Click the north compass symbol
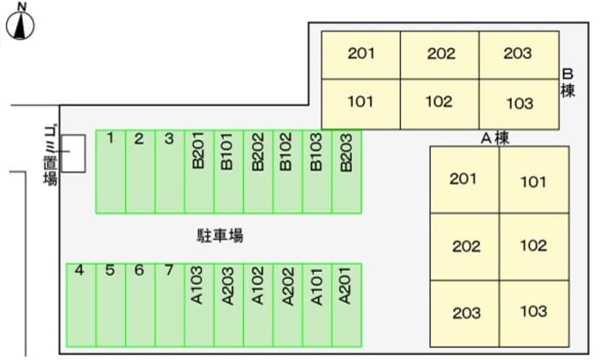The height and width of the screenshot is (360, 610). pyautogui.click(x=22, y=24)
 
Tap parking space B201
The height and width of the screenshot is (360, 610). pyautogui.click(x=199, y=172)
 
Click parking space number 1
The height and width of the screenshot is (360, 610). pyautogui.click(x=110, y=172)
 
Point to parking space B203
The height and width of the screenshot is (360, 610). pyautogui.click(x=346, y=172)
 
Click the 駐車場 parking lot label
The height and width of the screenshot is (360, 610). pyautogui.click(x=219, y=235)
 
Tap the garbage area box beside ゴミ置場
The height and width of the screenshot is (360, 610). pyautogui.click(x=73, y=153)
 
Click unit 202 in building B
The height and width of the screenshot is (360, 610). pyautogui.click(x=440, y=55)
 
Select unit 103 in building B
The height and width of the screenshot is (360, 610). pyautogui.click(x=519, y=104)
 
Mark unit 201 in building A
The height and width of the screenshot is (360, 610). pyautogui.click(x=464, y=180)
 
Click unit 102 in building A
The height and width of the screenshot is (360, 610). pyautogui.click(x=534, y=246)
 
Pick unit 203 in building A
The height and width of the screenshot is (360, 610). pyautogui.click(x=466, y=313)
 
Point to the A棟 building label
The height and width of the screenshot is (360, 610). pyautogui.click(x=495, y=138)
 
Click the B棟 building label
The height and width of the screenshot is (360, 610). pyautogui.click(x=567, y=83)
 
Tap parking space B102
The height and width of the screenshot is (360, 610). pyautogui.click(x=287, y=172)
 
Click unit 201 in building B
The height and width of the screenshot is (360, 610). pyautogui.click(x=361, y=55)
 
